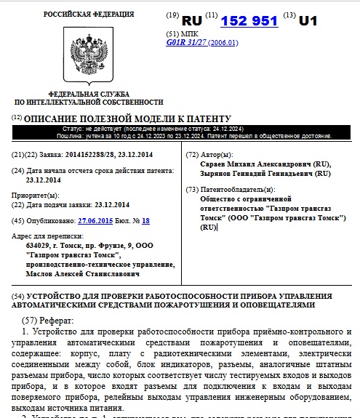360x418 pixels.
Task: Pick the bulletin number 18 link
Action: pyautogui.click(x=145, y=220)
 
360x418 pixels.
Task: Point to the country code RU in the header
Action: pyautogui.click(x=191, y=21)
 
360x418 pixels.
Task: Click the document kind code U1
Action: pyautogui.click(x=308, y=21)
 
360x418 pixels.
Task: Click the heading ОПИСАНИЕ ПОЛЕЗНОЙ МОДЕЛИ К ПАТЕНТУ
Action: pyautogui.click(x=127, y=118)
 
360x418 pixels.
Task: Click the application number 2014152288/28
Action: pyautogui.click(x=96, y=155)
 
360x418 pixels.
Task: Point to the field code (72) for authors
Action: pyautogui.click(x=192, y=155)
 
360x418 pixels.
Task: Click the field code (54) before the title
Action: pyautogui.click(x=18, y=297)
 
